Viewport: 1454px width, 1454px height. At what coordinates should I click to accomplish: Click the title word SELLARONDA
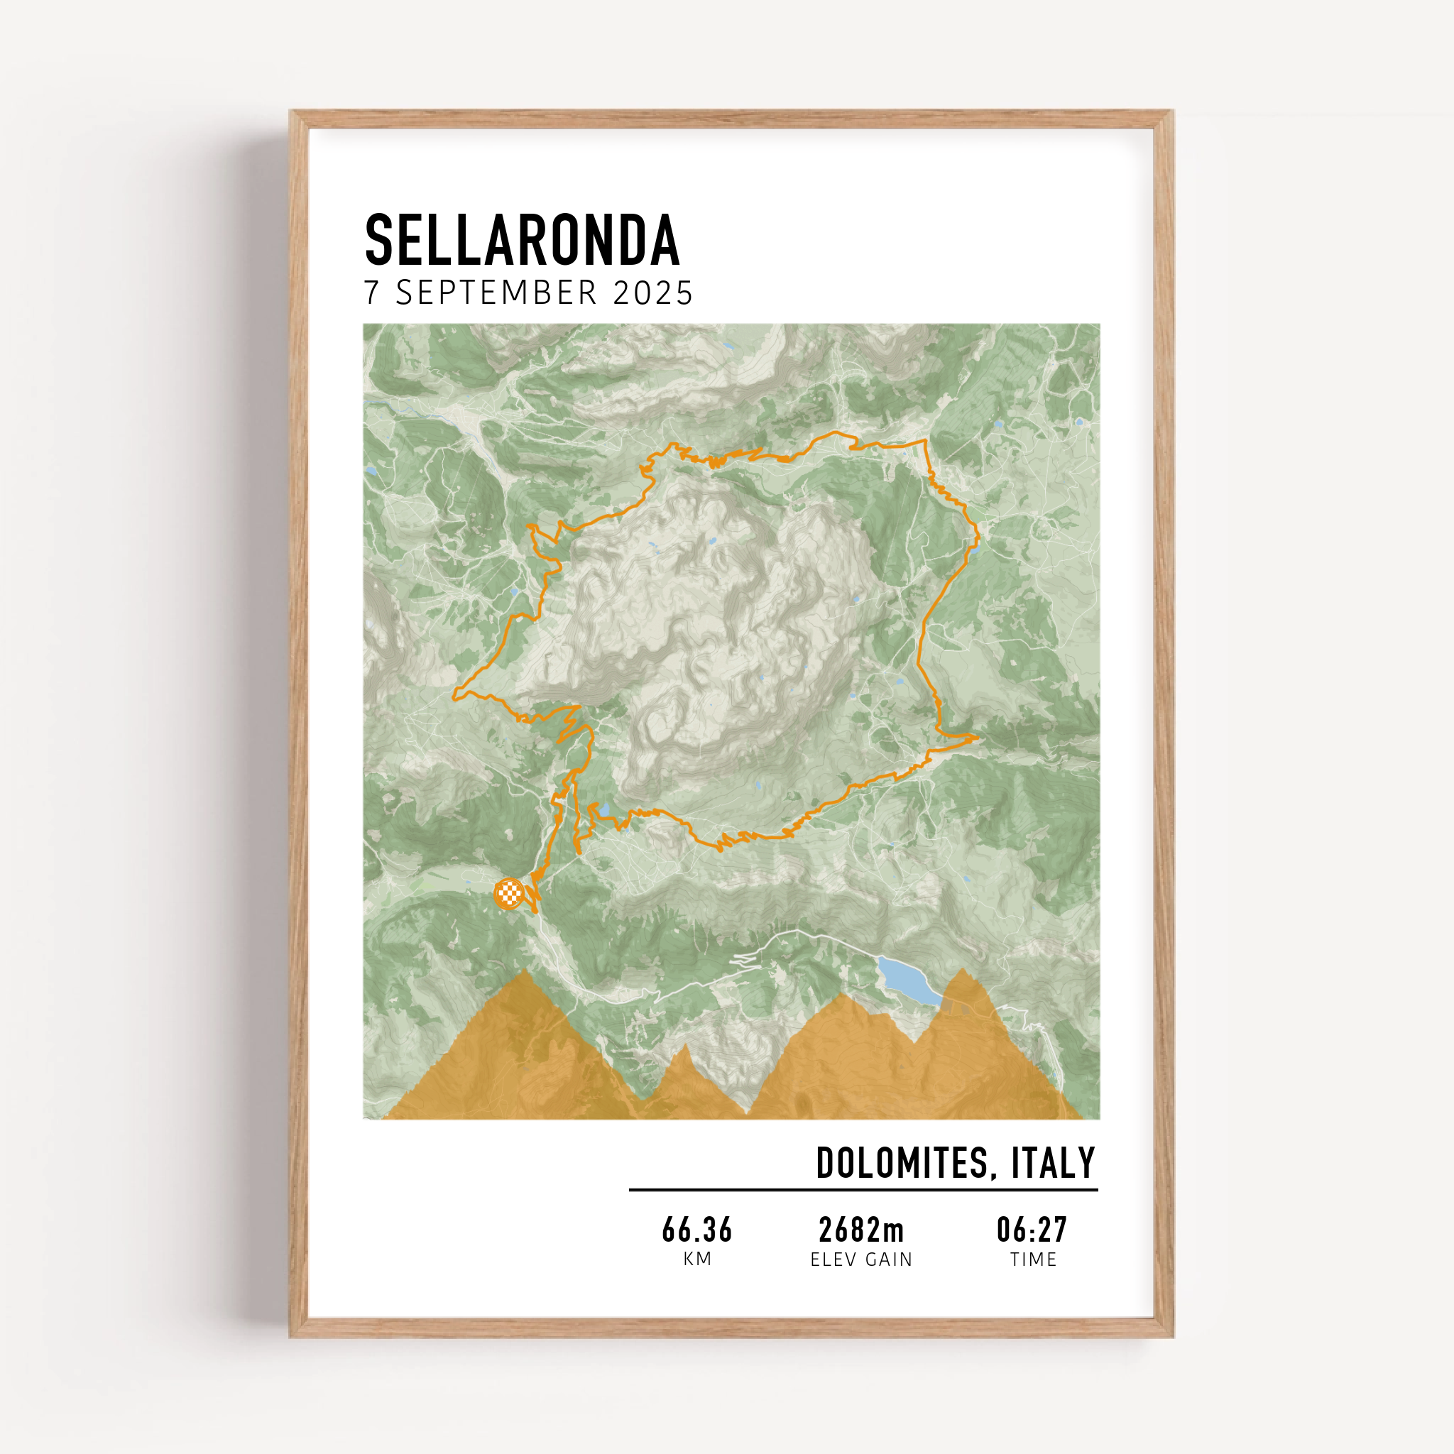point(523,240)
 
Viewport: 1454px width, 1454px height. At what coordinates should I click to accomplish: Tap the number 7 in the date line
point(371,293)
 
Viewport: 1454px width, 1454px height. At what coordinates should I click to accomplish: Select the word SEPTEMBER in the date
point(496,293)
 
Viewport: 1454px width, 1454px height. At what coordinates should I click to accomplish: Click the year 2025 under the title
point(652,293)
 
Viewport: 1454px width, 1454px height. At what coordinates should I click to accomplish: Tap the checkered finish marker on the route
point(509,893)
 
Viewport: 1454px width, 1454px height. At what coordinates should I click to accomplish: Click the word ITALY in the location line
point(1053,1164)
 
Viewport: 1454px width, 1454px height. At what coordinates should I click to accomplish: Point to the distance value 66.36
point(697,1230)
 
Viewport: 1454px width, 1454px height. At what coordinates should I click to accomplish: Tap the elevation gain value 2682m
point(861,1230)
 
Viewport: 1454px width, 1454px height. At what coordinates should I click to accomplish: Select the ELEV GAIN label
point(861,1260)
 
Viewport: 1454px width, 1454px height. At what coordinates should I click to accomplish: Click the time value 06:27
point(1032,1230)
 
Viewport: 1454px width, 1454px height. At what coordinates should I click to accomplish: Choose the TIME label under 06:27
point(1032,1260)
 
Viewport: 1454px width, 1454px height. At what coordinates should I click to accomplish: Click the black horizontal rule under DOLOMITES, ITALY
point(863,1191)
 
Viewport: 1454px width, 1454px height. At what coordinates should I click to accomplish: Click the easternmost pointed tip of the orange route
point(978,738)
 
